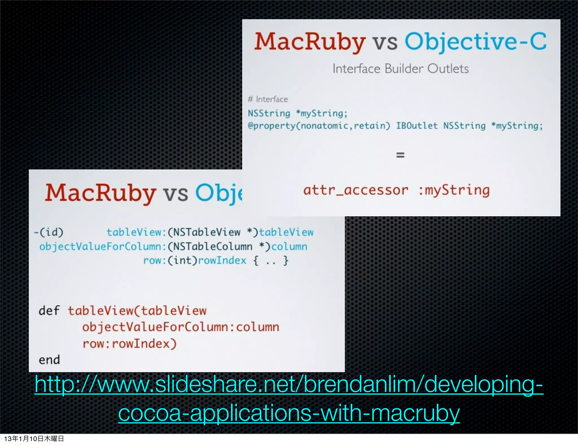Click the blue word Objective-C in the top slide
point(476,42)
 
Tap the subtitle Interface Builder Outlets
point(400,69)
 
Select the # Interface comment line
point(268,99)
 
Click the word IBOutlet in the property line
point(417,126)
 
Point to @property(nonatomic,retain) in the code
point(319,126)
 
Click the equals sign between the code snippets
point(400,155)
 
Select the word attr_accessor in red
point(356,190)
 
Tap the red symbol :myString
point(454,190)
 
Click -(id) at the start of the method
point(49,232)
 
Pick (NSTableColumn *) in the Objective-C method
point(219,247)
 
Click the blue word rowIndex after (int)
point(222,260)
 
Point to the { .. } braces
point(271,260)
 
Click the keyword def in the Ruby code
point(49,311)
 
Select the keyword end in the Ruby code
point(49,360)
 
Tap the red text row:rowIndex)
point(130,344)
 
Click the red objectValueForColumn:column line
point(181,327)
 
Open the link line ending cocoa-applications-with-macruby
point(289,413)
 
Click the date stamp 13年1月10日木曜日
point(34,439)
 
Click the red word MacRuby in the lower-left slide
point(100,193)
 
